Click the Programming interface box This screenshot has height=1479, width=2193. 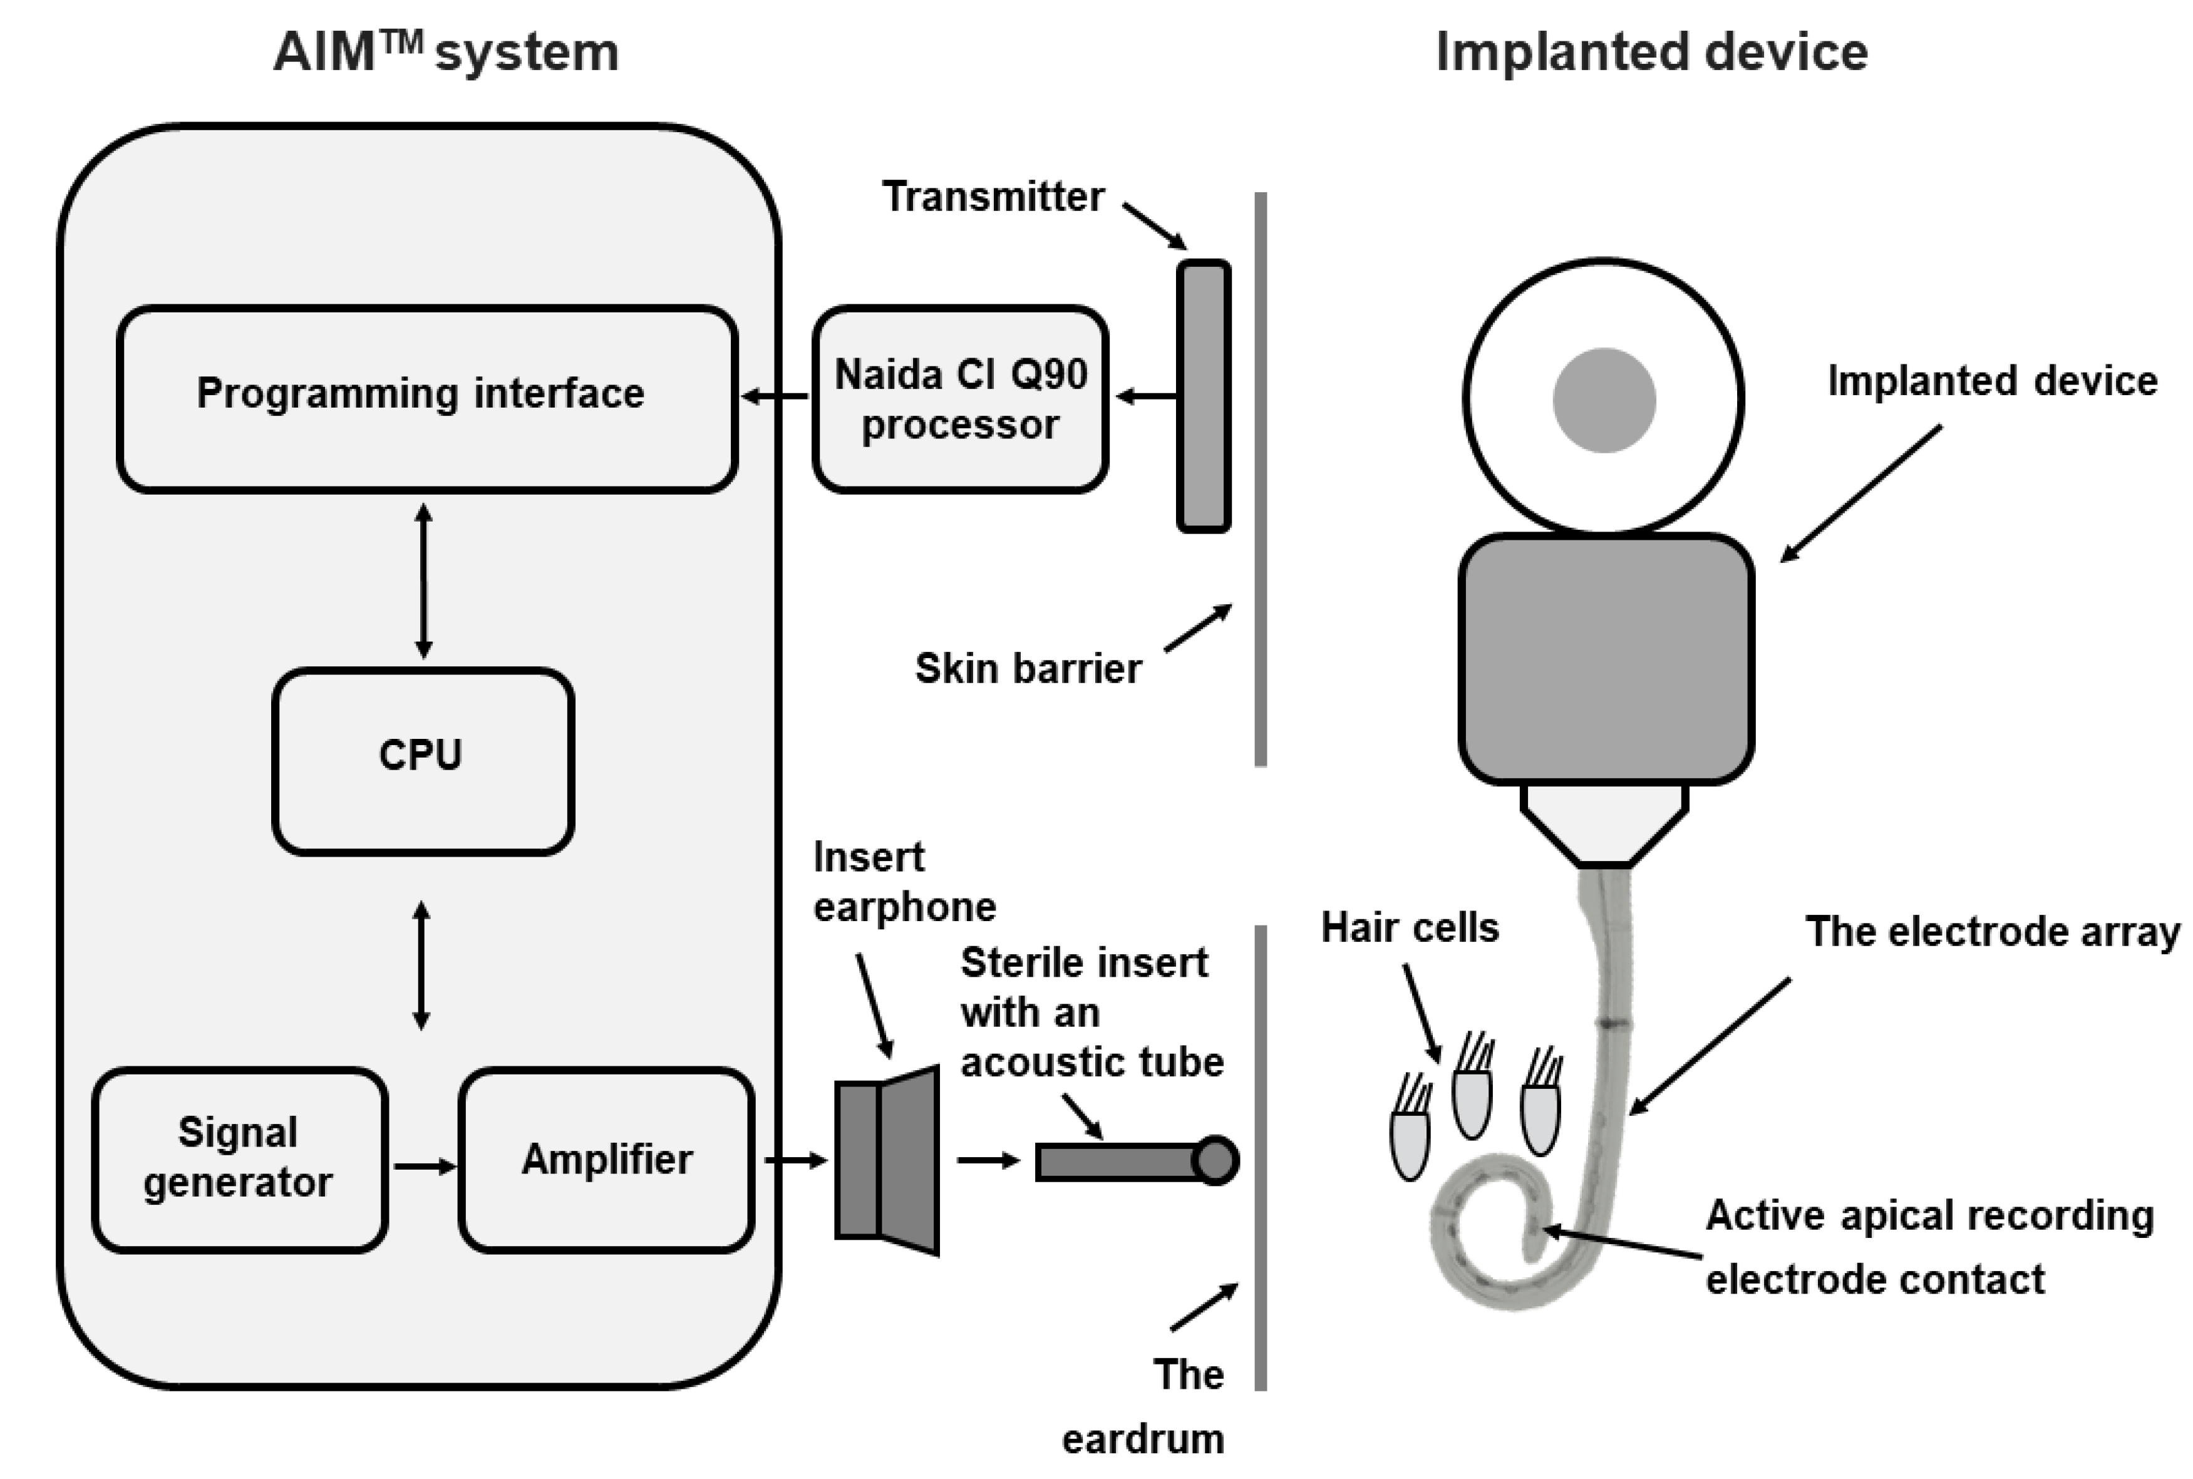coord(426,398)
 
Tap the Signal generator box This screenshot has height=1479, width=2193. coord(240,1159)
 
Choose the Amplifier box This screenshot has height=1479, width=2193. coord(607,1159)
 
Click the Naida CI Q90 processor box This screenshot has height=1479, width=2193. coord(959,398)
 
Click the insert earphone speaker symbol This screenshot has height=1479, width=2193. coord(887,1160)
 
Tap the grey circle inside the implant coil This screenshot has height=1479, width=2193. coord(1604,400)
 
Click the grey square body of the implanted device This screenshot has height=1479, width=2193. coord(1606,658)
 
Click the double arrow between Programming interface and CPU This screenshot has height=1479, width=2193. coord(423,580)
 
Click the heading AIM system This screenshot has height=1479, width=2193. coord(446,52)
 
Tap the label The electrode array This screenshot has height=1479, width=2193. coord(1992,932)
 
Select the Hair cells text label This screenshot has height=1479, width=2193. coord(1409,927)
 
